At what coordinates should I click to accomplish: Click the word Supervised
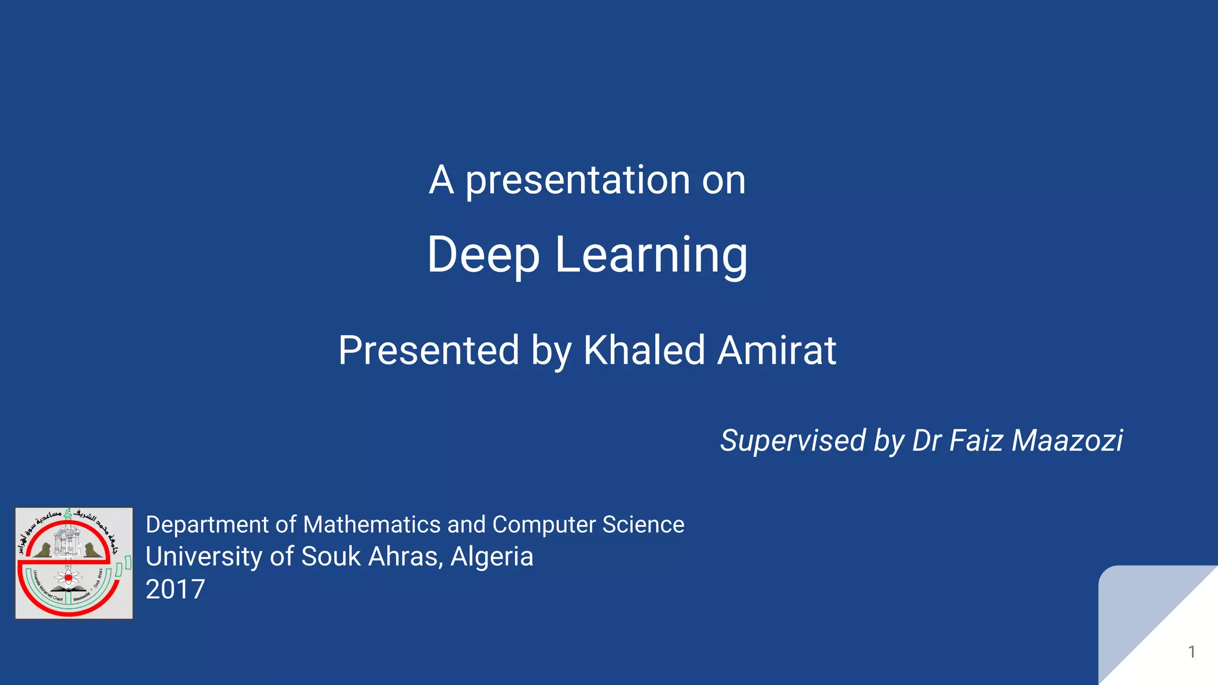(x=793, y=441)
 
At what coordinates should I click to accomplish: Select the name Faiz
(x=977, y=441)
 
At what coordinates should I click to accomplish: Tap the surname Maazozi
(x=1067, y=441)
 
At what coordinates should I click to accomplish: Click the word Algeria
(x=492, y=557)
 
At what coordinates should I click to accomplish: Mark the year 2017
(x=175, y=589)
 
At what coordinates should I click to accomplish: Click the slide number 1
(x=1191, y=652)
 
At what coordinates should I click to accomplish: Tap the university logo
(x=74, y=563)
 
